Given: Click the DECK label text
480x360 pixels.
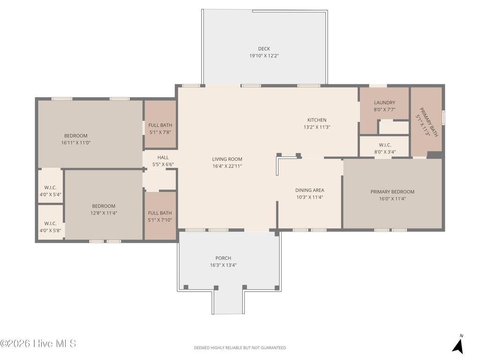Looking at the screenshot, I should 264,49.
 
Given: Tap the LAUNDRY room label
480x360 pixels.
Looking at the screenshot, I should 384,103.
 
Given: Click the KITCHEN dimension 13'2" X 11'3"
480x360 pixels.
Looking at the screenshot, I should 317,127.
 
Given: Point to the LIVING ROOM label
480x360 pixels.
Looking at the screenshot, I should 227,159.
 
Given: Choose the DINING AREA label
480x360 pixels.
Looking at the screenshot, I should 309,190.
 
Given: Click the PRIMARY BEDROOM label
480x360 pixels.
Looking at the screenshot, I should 392,192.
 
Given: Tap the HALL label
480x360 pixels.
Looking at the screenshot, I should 163,157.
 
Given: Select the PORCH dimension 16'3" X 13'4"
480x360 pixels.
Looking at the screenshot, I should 223,265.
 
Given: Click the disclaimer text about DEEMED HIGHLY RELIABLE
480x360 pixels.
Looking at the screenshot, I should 240,348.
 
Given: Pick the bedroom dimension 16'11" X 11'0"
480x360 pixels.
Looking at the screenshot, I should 75,142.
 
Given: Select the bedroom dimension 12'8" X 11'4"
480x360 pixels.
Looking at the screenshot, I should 104,213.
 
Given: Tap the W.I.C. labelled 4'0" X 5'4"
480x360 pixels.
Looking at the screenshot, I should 50,191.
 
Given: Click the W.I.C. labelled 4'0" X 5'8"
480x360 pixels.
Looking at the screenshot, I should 50,227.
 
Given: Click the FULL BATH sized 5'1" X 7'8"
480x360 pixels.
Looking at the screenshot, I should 160,128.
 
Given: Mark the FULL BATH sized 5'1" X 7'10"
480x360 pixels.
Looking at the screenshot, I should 160,217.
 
